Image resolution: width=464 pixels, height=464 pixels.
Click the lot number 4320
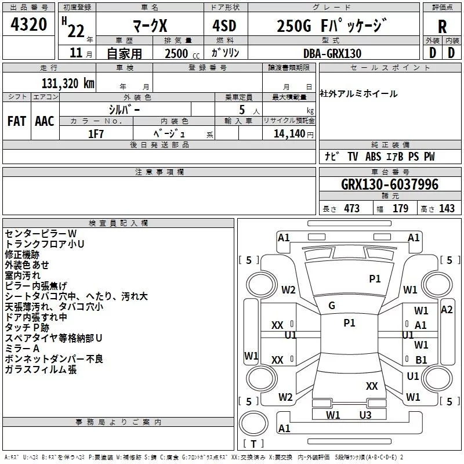(28, 24)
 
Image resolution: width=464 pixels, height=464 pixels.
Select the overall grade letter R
(442, 27)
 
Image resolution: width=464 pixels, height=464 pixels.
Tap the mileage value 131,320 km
(68, 84)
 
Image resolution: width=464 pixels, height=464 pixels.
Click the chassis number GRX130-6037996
(390, 184)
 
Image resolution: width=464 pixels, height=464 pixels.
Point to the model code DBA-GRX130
(332, 53)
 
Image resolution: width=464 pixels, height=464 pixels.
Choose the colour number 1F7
(96, 134)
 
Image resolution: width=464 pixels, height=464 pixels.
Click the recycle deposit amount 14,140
(289, 134)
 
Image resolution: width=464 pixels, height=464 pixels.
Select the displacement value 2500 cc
(182, 53)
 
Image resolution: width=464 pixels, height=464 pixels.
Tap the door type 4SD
(224, 26)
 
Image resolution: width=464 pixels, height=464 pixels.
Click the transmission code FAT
(17, 121)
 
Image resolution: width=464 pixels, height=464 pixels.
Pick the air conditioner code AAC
(45, 121)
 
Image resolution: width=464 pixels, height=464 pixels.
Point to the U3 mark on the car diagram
(365, 415)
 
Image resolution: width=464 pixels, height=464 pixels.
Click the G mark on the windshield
(332, 306)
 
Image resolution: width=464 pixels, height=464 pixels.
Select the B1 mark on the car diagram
(421, 360)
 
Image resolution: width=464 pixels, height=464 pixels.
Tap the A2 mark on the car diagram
(447, 310)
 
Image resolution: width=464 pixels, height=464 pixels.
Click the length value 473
(352, 208)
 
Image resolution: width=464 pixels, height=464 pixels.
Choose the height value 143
(447, 208)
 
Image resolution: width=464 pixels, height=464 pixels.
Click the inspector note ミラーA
(22, 349)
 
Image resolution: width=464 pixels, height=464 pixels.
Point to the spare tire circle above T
(253, 423)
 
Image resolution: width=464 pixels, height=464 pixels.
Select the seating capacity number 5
(242, 110)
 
